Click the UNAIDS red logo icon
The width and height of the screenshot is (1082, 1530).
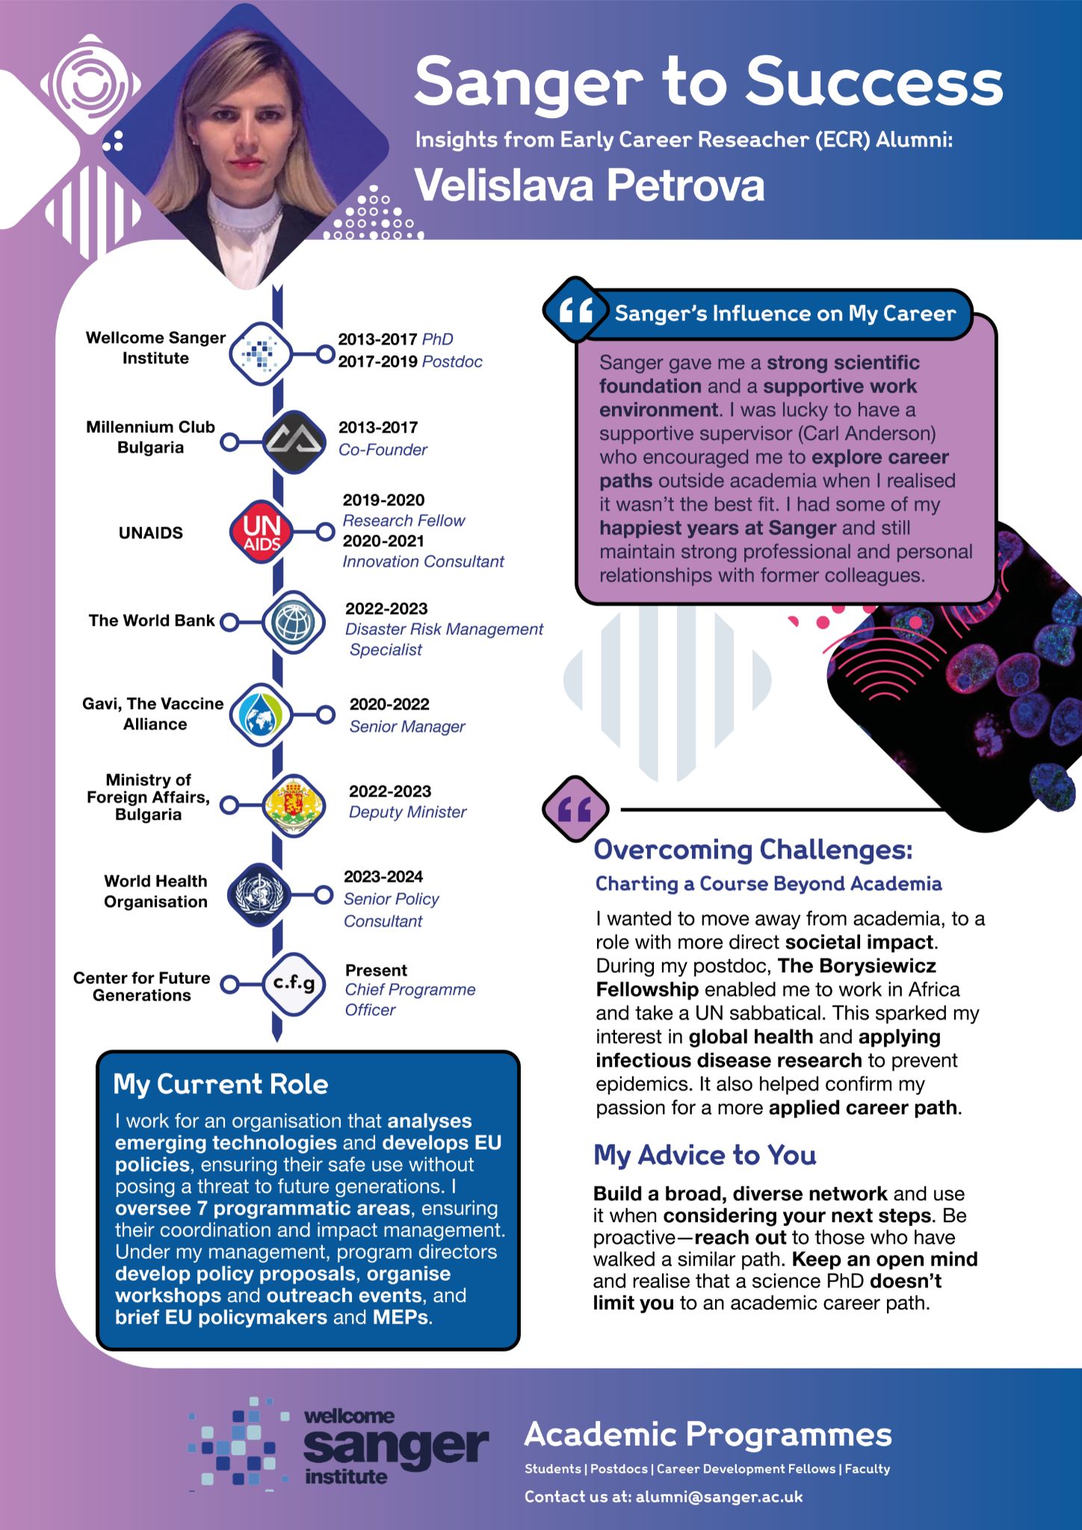pyautogui.click(x=261, y=532)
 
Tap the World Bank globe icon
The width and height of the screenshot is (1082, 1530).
pyautogui.click(x=294, y=622)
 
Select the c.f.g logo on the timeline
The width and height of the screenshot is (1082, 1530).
pyautogui.click(x=294, y=984)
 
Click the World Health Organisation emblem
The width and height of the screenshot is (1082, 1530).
pyautogui.click(x=259, y=894)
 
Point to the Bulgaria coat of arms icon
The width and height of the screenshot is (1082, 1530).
pyautogui.click(x=294, y=805)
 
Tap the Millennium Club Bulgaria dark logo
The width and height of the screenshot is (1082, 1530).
pyautogui.click(x=294, y=442)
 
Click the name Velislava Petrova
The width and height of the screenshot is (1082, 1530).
pyautogui.click(x=590, y=185)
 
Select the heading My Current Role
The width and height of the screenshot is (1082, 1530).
pyautogui.click(x=220, y=1084)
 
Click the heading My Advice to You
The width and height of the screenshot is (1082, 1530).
pyautogui.click(x=704, y=1155)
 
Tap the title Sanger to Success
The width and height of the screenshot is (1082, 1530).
pyautogui.click(x=708, y=82)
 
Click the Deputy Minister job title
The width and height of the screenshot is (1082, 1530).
pyautogui.click(x=407, y=812)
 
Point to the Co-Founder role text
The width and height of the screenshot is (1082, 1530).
pyautogui.click(x=383, y=450)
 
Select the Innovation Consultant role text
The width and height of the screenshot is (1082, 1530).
pyautogui.click(x=423, y=561)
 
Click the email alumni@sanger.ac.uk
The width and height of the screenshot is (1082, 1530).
pyautogui.click(x=719, y=1496)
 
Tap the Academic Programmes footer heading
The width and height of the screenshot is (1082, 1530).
pyautogui.click(x=708, y=1434)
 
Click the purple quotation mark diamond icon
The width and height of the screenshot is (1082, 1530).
pyautogui.click(x=575, y=809)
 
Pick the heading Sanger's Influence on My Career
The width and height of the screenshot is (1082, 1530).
pyautogui.click(x=785, y=314)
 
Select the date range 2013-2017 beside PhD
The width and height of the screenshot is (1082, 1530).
pyautogui.click(x=377, y=339)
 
